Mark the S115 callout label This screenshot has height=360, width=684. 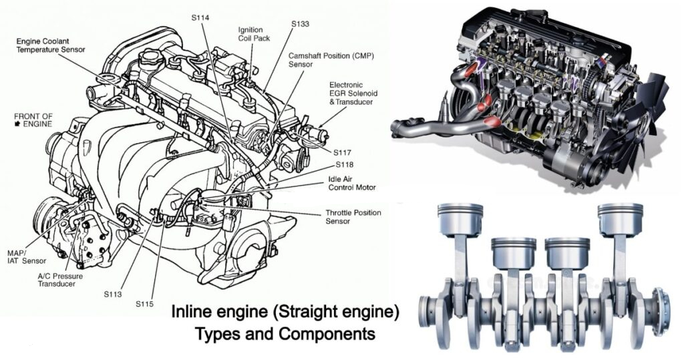[144, 304]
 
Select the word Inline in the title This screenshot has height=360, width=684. [194, 312]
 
